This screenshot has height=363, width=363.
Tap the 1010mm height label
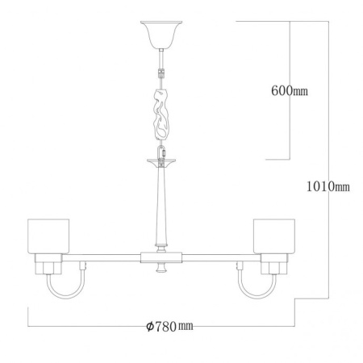tap(329, 188)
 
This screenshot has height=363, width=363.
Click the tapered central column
tap(161, 206)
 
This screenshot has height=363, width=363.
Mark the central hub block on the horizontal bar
tap(161, 258)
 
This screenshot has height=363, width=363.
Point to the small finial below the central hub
tap(161, 269)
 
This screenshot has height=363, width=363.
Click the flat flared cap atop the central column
tap(161, 161)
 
